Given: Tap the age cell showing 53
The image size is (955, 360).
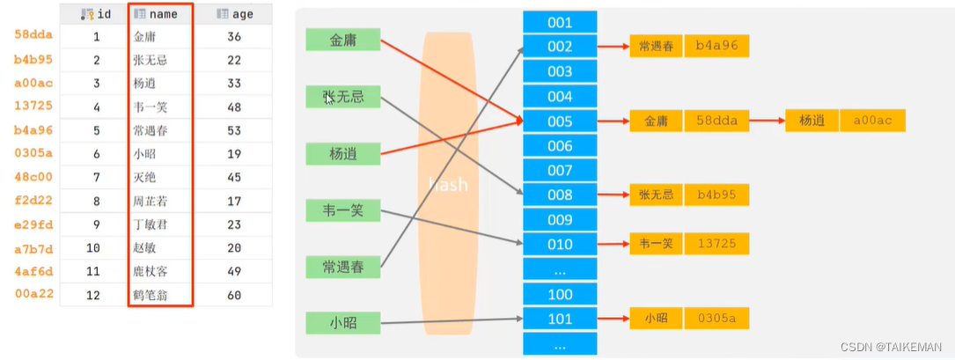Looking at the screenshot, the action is [x=234, y=131].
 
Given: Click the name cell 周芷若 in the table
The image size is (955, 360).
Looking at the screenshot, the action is [x=150, y=201].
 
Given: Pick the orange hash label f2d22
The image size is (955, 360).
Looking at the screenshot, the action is [x=34, y=201].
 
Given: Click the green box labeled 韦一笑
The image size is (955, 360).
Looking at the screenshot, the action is [x=342, y=210].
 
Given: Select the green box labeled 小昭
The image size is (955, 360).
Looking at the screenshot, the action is [x=342, y=322].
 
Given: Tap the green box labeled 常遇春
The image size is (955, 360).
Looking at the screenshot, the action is [x=342, y=267].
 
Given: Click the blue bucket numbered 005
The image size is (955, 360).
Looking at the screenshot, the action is [x=560, y=121].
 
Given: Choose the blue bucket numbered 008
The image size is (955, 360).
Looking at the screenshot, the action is [x=560, y=195].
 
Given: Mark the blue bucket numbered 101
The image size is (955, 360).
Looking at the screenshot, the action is [x=560, y=319].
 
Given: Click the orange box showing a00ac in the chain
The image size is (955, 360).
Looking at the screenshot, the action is [x=872, y=121].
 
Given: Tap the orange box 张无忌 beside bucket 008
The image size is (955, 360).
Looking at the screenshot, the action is [x=656, y=195].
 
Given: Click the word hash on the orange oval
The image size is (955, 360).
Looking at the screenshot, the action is [x=448, y=184].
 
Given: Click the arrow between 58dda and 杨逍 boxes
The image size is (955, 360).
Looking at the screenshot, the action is [x=767, y=121].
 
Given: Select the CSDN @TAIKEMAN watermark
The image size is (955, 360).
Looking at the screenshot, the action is [x=891, y=347].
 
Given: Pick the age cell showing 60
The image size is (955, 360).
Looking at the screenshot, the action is [x=234, y=294].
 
